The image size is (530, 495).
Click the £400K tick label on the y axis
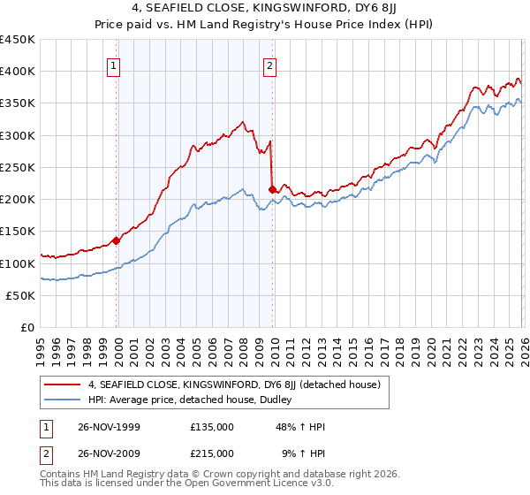tap(18, 72)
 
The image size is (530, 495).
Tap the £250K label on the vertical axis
tap(18, 168)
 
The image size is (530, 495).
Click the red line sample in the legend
tap(63, 385)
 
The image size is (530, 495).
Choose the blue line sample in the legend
tap(63, 400)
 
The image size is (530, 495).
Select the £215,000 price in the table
tap(212, 453)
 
